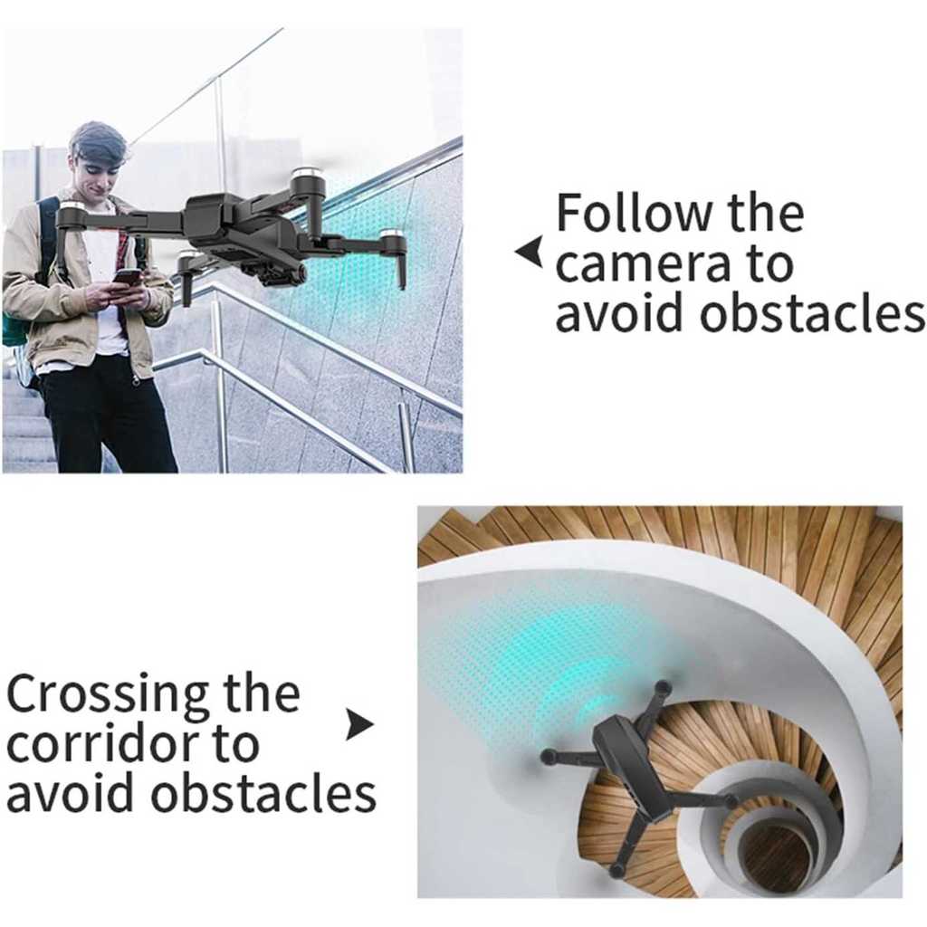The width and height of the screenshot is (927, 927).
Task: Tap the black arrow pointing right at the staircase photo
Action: [359, 723]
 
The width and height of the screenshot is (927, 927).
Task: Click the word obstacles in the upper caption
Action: [812, 313]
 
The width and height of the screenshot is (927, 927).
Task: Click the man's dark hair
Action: [98, 143]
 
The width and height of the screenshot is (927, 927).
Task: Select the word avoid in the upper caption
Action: [623, 313]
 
